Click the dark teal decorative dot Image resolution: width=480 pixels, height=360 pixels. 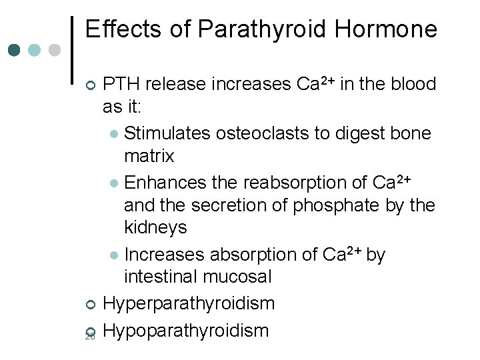click(15, 50)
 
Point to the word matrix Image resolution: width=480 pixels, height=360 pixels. click(149, 157)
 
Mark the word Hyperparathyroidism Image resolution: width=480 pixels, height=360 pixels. click(189, 304)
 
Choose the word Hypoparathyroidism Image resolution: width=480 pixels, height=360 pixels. click(187, 329)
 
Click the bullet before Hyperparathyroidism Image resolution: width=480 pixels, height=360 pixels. click(91, 305)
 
